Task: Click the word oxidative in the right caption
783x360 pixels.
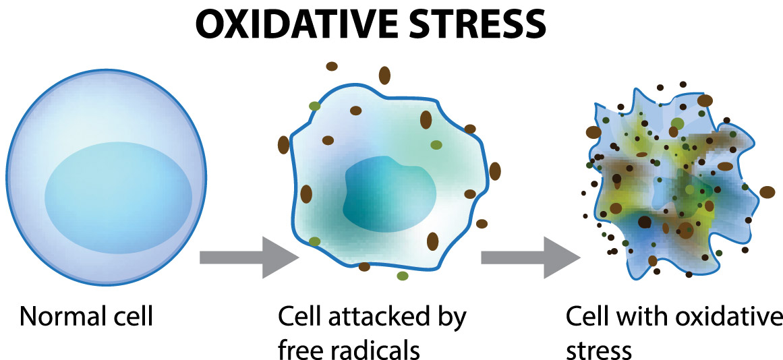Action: coord(727,317)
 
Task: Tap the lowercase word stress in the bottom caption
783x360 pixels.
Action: coord(600,349)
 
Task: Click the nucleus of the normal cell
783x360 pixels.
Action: coord(118,198)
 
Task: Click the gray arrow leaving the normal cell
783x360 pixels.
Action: coord(249,257)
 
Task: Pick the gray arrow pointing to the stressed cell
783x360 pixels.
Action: coord(530,257)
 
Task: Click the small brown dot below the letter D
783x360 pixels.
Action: coord(332,66)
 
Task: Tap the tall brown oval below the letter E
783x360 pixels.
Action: coord(384,75)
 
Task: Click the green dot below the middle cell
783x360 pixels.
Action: coord(403,276)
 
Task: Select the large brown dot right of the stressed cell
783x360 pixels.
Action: coord(767,191)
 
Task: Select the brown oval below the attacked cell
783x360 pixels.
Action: coord(365,267)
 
